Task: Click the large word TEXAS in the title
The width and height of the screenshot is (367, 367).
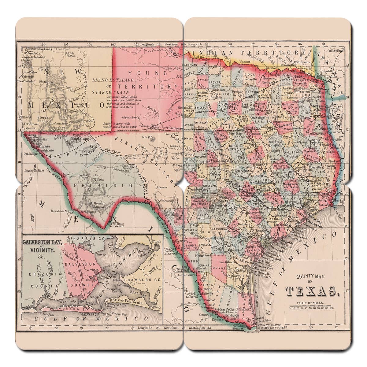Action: pyautogui.click(x=312, y=291)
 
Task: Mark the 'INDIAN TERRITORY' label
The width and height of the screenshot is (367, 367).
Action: pyautogui.click(x=245, y=53)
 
